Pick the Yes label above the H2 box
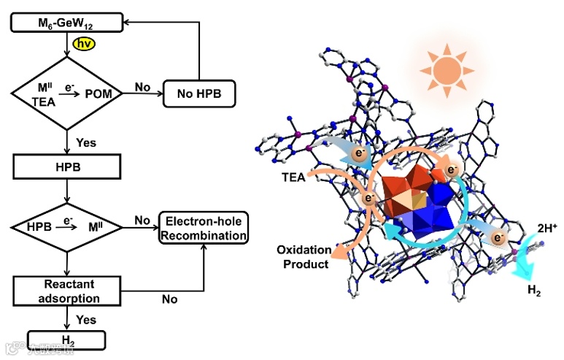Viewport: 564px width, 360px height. pos(86,319)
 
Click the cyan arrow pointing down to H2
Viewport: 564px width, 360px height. pos(520,264)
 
